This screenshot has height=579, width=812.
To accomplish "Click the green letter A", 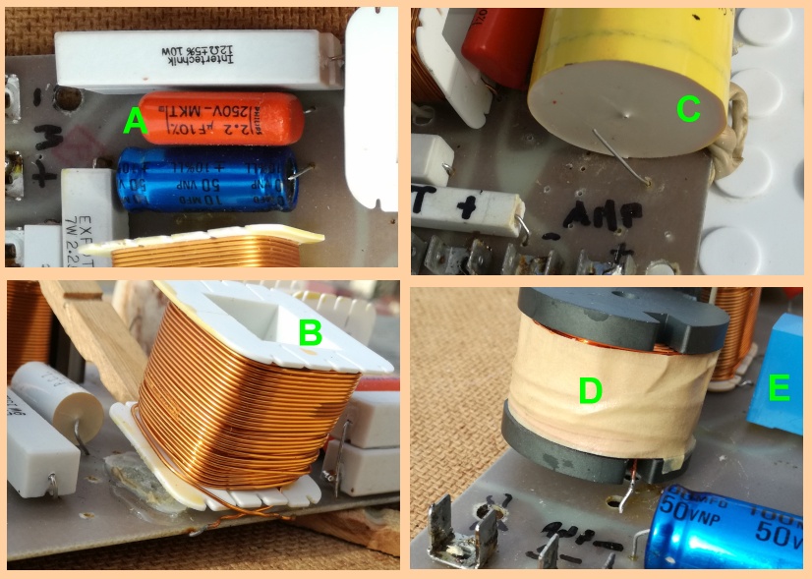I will [x=135, y=122].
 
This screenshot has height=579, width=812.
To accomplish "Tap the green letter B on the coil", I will [x=310, y=333].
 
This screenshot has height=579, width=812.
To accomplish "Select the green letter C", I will [x=688, y=109].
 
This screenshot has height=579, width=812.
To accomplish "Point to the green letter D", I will [x=590, y=390].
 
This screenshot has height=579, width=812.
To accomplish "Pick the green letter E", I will [x=779, y=389].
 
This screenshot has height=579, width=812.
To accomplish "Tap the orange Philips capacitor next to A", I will [x=221, y=118].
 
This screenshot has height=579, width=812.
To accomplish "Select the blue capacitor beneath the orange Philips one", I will [x=206, y=179].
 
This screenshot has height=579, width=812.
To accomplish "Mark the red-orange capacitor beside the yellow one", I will [x=501, y=44].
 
